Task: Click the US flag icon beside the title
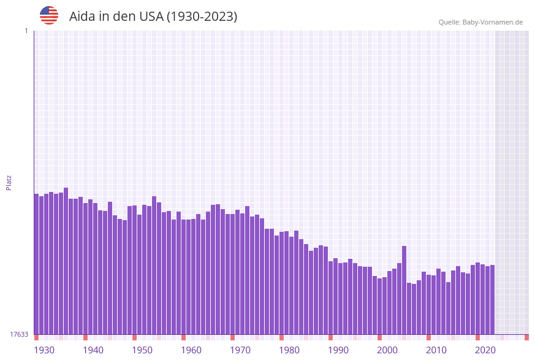(x=49, y=15)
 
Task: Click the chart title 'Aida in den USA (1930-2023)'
(x=153, y=17)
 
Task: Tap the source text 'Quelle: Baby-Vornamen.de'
(x=480, y=22)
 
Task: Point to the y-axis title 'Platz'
(x=9, y=183)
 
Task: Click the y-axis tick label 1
(x=26, y=31)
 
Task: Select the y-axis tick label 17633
(x=19, y=334)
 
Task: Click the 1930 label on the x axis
(x=44, y=350)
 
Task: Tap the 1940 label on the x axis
(x=93, y=350)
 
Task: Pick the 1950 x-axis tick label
(x=142, y=350)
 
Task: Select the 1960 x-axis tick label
(x=191, y=350)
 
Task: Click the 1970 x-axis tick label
(x=240, y=350)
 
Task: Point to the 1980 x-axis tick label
(x=289, y=350)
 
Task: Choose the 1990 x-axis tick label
(x=338, y=350)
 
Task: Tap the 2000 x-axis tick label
(x=387, y=350)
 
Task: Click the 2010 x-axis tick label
(x=436, y=350)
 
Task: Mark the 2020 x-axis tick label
(x=485, y=350)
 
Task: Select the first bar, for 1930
(x=37, y=264)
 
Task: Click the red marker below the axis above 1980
(x=282, y=337)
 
